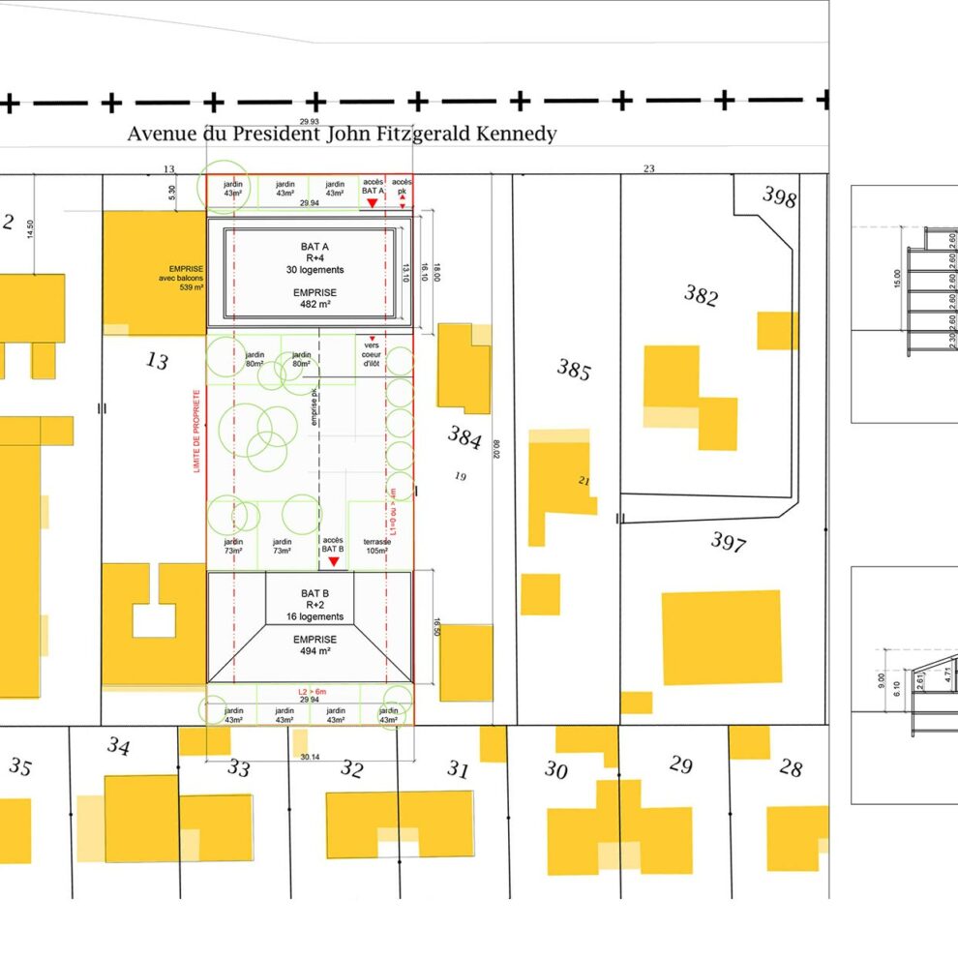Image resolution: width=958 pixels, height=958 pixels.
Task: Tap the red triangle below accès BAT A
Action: [x=373, y=203]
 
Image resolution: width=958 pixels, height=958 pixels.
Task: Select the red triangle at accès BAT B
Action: [x=334, y=561]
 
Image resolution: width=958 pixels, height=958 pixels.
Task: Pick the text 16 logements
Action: [x=315, y=616]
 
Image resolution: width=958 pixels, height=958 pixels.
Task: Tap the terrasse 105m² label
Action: [x=375, y=547]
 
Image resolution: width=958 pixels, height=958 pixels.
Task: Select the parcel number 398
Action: [x=779, y=198]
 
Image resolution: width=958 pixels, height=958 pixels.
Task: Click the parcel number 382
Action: [x=701, y=295]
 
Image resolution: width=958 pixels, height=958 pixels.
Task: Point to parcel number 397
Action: [x=728, y=542]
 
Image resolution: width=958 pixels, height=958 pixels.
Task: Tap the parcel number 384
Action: [x=464, y=438]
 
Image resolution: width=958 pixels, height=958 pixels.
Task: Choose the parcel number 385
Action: [x=574, y=370]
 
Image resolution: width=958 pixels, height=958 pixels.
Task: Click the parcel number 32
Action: [x=351, y=770]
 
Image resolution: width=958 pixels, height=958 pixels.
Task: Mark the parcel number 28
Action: [x=791, y=768]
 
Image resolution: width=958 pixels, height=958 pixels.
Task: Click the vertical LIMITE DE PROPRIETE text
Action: [x=196, y=432]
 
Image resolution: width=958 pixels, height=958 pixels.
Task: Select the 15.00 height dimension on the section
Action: [x=897, y=279]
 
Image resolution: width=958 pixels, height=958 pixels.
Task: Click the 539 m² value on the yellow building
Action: [x=183, y=287]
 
